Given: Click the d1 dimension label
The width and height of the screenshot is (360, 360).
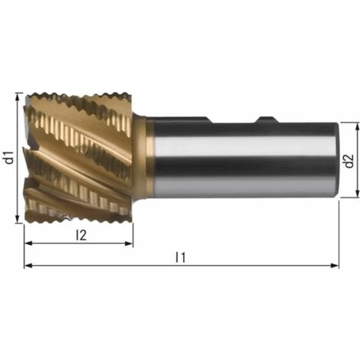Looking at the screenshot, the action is click(10, 157).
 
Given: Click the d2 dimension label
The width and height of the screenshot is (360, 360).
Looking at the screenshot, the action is click(349, 161).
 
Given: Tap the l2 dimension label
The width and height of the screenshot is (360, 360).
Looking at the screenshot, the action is click(81, 235).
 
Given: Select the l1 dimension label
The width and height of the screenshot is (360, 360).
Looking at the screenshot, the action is click(181, 257).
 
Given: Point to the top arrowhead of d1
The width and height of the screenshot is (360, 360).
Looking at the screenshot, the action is click(18, 97).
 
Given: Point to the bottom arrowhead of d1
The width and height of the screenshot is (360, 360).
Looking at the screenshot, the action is click(18, 219).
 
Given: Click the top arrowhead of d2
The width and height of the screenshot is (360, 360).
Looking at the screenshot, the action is click(358, 126).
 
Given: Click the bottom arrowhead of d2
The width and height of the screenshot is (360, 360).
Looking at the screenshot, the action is click(358, 194).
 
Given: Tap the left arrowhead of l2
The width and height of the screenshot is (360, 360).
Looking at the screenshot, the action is click(28, 244).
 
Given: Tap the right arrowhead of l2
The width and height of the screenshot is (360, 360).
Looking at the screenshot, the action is click(129, 244).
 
